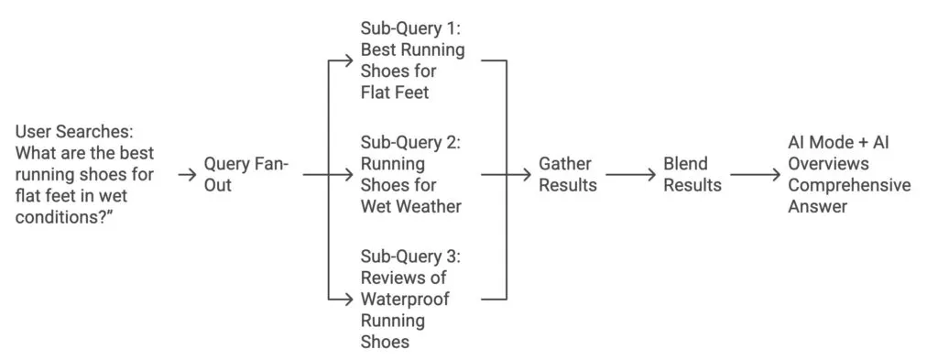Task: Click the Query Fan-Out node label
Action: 245,173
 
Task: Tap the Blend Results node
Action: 692,173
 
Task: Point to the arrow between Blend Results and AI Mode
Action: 755,174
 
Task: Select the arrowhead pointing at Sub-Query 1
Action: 348,60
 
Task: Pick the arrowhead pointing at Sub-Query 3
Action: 348,298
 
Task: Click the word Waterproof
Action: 405,299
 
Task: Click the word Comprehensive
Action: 849,185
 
